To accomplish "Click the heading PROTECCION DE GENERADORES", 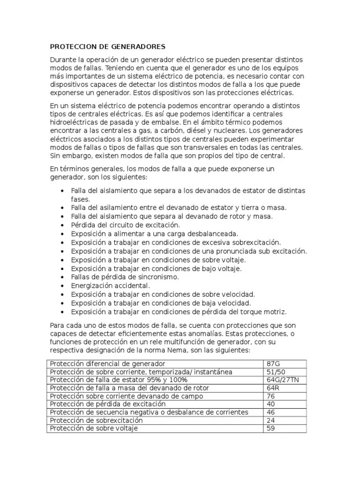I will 107,47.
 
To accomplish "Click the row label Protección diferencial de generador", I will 107,364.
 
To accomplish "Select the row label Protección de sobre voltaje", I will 94,428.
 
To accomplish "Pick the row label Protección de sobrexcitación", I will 96,420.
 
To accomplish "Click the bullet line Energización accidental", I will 110,285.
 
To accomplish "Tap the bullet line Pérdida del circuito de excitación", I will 125,225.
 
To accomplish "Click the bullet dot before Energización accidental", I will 63,285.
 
